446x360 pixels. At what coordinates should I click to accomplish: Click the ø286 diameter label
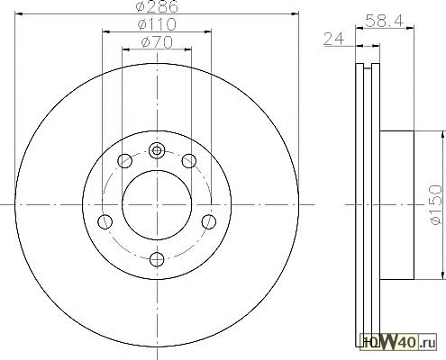click(x=157, y=6)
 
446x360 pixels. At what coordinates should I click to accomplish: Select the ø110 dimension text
click(x=157, y=24)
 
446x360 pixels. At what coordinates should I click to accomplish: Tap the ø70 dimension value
click(x=157, y=42)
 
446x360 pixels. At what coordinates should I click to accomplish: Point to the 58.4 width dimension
click(x=384, y=22)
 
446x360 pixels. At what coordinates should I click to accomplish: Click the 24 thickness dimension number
click(x=333, y=39)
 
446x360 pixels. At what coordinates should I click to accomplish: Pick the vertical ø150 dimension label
click(x=436, y=204)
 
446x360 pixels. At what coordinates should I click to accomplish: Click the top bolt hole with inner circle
click(x=157, y=150)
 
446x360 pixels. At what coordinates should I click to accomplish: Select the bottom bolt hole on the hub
click(x=157, y=259)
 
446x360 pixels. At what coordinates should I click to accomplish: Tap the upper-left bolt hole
click(x=124, y=161)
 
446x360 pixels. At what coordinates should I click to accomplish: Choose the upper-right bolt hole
click(x=189, y=161)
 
